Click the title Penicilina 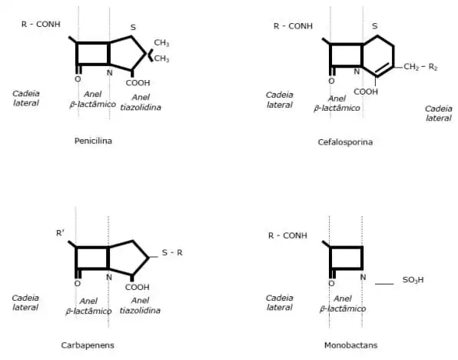click(x=93, y=141)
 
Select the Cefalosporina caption click(x=345, y=142)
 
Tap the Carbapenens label click(x=88, y=345)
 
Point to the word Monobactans click(x=351, y=345)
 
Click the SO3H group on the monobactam click(x=413, y=280)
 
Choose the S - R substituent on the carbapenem click(x=172, y=252)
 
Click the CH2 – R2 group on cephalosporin click(x=420, y=67)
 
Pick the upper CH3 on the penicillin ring click(x=161, y=43)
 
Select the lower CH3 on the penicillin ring click(x=161, y=58)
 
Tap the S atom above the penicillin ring click(x=133, y=27)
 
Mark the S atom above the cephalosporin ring click(x=375, y=26)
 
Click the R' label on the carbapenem click(x=60, y=233)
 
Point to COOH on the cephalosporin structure click(x=366, y=92)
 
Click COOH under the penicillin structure click(x=138, y=83)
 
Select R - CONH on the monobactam click(x=287, y=235)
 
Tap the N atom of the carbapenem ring click(x=109, y=277)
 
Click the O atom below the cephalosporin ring click(x=331, y=81)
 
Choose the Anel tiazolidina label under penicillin click(x=141, y=102)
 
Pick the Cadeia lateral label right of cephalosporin click(x=439, y=113)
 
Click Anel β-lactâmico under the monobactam click(x=343, y=304)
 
